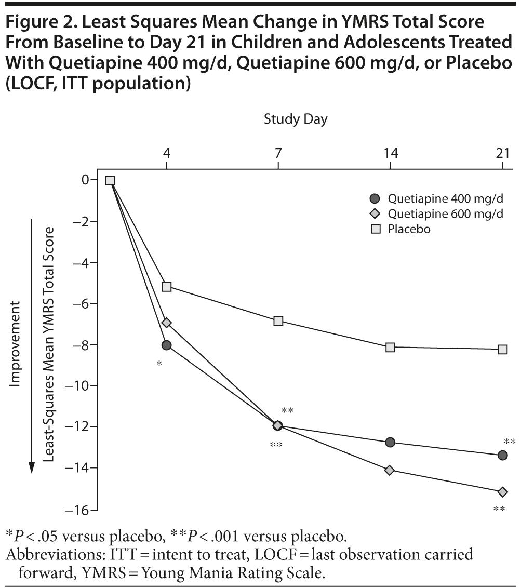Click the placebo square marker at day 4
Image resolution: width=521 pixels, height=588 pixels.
167,287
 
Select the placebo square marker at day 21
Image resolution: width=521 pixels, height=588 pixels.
502,350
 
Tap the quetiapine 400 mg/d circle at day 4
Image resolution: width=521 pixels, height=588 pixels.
167,345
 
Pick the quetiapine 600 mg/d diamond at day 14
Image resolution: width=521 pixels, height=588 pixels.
390,470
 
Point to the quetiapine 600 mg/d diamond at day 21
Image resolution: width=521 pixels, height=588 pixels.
502,492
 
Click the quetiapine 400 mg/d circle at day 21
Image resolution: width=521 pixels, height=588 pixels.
502,455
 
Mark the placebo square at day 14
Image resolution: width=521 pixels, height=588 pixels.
390,347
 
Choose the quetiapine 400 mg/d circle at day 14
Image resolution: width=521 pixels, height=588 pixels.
390,442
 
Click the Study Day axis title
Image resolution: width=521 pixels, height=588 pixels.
296,119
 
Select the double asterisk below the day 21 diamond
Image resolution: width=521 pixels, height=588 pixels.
499,509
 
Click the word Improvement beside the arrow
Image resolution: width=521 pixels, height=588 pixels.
15,343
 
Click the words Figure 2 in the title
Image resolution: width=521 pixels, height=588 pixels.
39,22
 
